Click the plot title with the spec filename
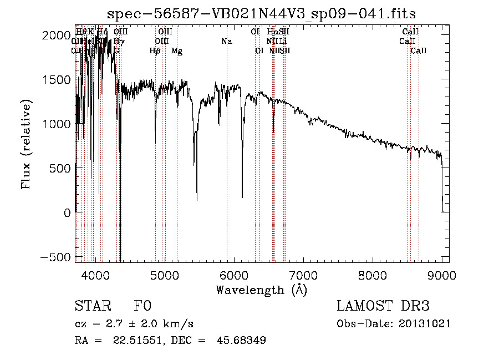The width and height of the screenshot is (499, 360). point(262,14)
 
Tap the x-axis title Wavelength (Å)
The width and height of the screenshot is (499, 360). point(261,290)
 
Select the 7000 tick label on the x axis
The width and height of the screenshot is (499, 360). point(303,275)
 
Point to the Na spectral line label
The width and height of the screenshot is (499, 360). point(226,41)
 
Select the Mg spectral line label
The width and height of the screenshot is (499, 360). point(176,51)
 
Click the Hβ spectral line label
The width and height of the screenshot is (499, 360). point(155,51)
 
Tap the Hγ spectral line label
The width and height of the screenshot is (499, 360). point(119,41)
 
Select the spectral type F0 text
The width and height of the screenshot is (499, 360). point(143,306)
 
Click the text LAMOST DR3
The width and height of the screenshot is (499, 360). point(383,306)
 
